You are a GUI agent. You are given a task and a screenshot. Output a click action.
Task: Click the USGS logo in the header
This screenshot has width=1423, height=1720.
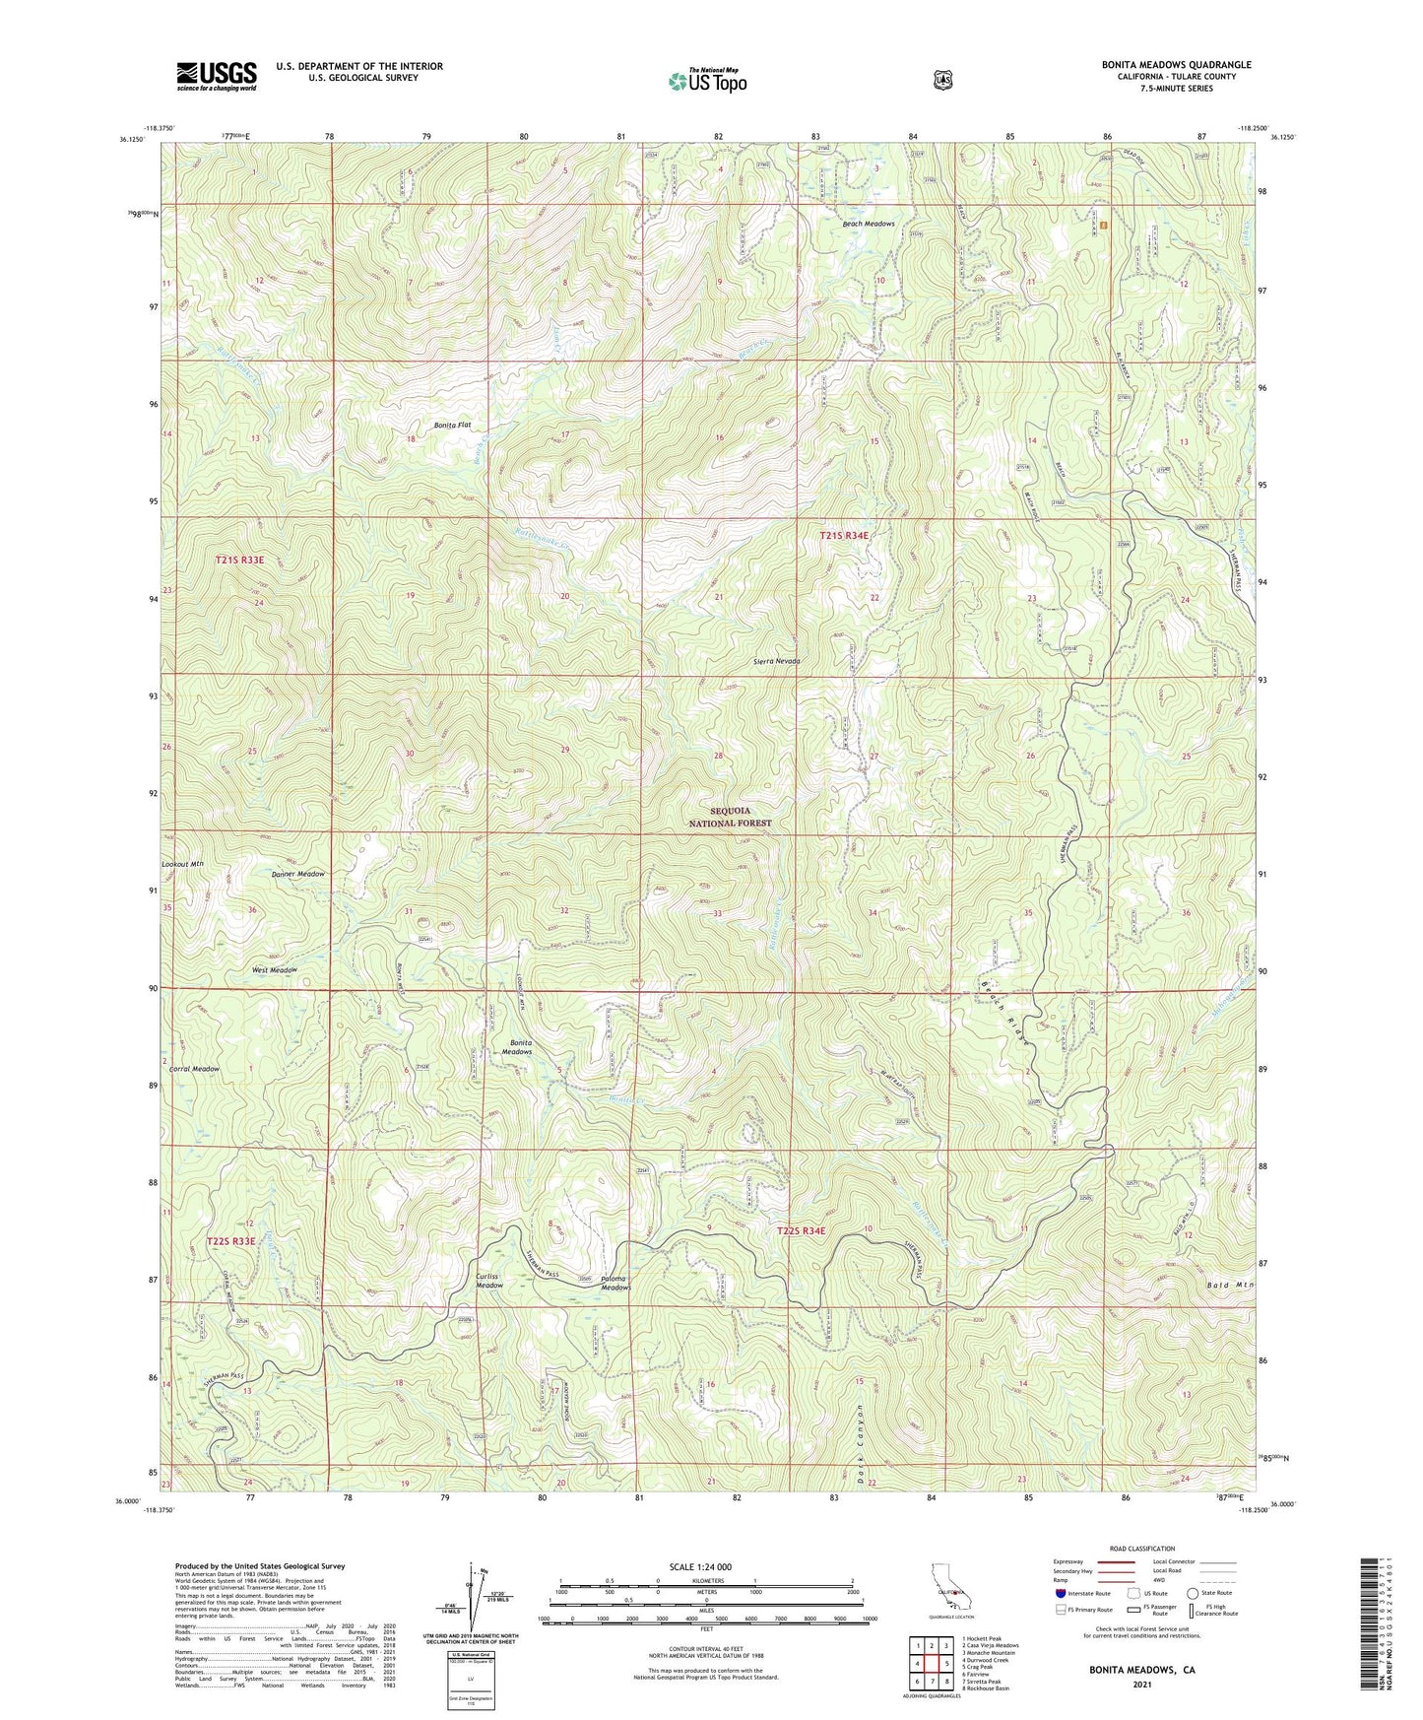coord(217,75)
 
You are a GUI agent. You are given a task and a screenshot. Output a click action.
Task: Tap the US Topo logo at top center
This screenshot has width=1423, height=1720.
coord(708,80)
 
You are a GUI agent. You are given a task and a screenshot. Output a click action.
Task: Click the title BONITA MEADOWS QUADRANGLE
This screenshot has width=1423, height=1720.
coord(1176,65)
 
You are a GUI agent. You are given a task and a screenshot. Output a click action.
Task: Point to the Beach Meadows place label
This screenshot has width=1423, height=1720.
coord(869,224)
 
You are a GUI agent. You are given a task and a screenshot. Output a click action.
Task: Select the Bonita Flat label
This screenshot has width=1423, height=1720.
coord(453,426)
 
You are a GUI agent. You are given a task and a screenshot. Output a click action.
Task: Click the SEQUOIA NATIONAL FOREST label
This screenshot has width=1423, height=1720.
coord(742,817)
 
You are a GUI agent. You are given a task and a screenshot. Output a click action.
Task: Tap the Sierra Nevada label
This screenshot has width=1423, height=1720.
coord(777,661)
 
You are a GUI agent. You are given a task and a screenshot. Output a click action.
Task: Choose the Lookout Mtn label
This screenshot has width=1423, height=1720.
coord(182,864)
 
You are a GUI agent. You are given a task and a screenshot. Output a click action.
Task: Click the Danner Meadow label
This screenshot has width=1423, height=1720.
coord(297,874)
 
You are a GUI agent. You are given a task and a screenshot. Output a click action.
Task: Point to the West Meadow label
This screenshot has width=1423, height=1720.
coord(275,970)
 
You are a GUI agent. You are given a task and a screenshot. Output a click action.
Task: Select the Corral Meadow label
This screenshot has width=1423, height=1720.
coord(194,1069)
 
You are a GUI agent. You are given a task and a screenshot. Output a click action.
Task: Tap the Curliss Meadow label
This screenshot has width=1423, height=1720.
coord(489,1281)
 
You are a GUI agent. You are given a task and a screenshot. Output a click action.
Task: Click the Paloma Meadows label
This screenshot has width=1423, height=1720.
coord(615,1283)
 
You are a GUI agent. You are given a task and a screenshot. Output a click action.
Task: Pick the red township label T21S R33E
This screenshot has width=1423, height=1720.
coord(240,560)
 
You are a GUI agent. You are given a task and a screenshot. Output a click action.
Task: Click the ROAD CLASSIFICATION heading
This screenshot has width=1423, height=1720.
coord(1141,1549)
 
